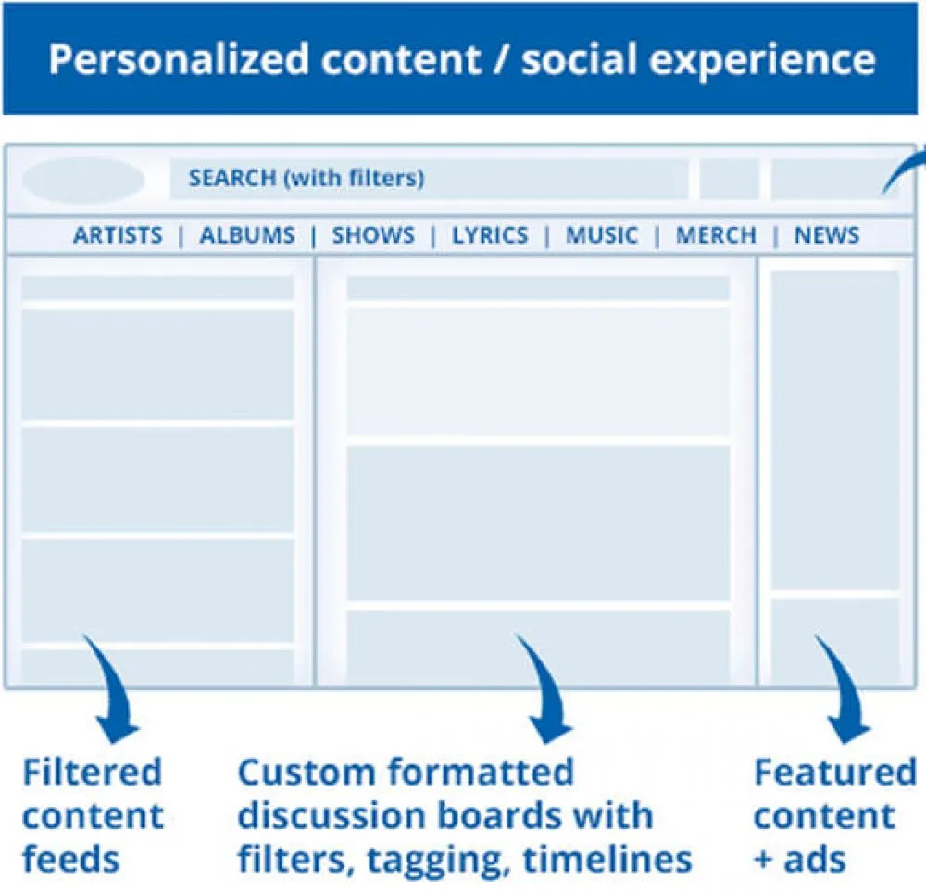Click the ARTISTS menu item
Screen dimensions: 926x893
point(118,235)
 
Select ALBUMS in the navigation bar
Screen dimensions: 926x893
point(247,235)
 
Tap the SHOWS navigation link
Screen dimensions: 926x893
point(373,235)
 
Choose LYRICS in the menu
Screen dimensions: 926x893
point(490,235)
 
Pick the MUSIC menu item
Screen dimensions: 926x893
point(602,235)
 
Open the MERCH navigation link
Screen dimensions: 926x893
point(716,235)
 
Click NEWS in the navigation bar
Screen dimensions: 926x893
point(827,235)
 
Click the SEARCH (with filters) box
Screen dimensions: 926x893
point(430,179)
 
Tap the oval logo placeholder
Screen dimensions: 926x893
point(83,179)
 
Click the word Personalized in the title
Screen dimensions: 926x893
point(179,59)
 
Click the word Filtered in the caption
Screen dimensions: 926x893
point(92,772)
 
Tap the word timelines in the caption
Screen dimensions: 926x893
point(607,860)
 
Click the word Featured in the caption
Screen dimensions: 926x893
point(835,772)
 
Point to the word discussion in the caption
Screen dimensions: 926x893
point(332,815)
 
